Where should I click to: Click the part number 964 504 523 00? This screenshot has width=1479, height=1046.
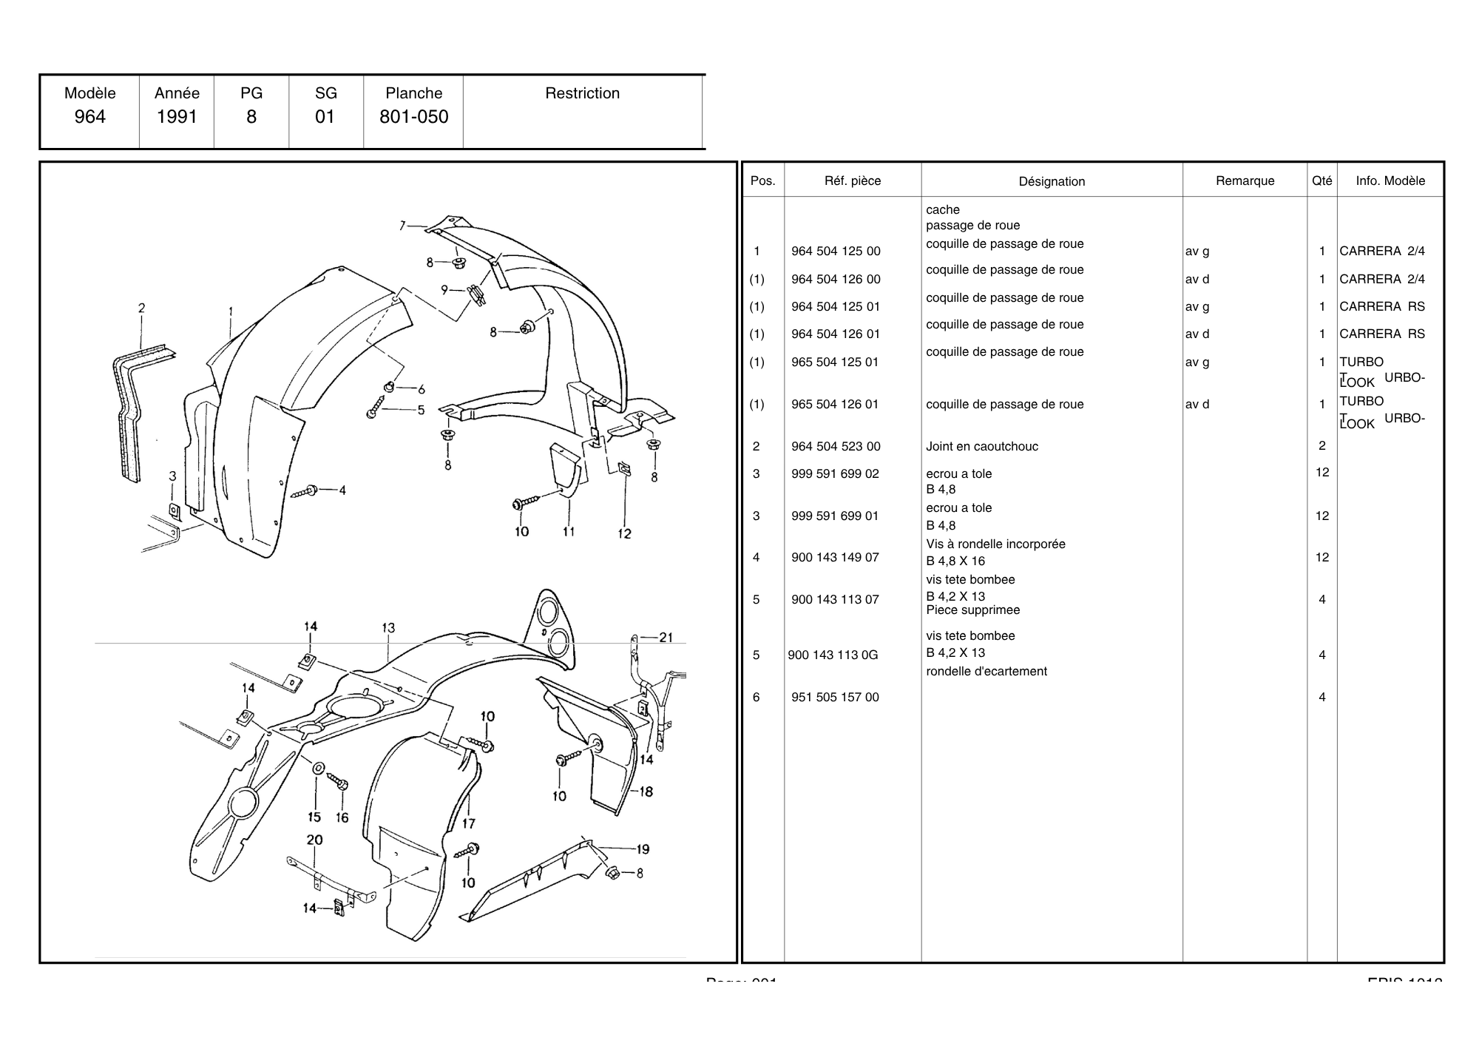tap(836, 446)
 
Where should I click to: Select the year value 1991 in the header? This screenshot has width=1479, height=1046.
tap(177, 117)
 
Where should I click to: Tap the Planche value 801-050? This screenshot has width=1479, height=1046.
tap(413, 117)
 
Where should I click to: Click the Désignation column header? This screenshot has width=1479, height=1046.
tap(1052, 181)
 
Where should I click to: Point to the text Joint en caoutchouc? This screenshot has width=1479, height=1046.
tap(981, 446)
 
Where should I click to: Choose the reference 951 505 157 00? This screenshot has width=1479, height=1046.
tap(835, 697)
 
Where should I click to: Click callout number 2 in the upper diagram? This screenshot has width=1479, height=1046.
tap(141, 308)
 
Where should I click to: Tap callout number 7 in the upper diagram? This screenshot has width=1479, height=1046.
tap(403, 225)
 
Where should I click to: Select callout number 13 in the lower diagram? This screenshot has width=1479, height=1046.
tap(388, 628)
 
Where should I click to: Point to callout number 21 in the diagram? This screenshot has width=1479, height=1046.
tap(666, 637)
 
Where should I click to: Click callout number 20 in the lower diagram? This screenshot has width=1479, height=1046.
tap(314, 840)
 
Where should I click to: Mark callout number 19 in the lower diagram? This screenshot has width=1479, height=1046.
tap(642, 849)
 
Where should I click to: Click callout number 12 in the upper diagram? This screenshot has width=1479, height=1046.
tap(624, 533)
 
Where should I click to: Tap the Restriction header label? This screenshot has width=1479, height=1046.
tap(582, 93)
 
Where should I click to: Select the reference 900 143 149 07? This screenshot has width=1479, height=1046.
tap(835, 557)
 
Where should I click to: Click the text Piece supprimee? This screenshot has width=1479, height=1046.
tap(972, 610)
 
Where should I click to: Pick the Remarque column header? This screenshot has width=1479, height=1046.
tap(1245, 180)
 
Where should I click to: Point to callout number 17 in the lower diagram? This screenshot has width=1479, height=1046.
tap(469, 823)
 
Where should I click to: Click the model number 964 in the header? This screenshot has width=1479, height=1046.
tap(89, 117)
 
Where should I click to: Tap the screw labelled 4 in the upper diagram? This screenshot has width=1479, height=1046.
tap(305, 491)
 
